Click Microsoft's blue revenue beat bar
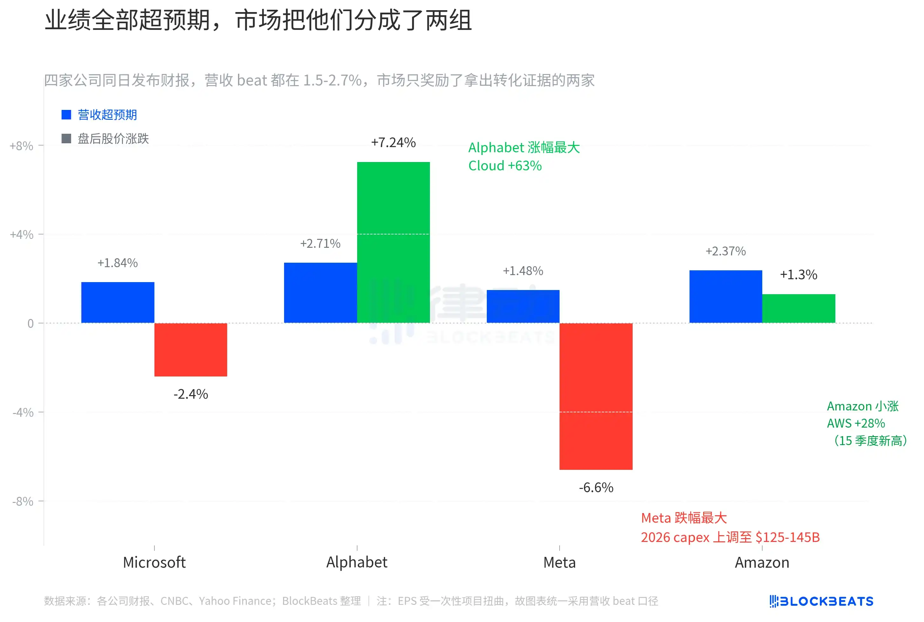[x=118, y=302]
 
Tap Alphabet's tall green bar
[x=393, y=242]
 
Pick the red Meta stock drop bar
[x=595, y=396]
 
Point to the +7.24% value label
[x=393, y=142]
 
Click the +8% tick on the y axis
[x=21, y=146]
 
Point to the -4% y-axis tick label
[x=23, y=413]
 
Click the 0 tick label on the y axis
[x=30, y=323]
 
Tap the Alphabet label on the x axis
[x=356, y=562]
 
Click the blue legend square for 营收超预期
[x=66, y=115]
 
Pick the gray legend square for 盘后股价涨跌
[x=66, y=139]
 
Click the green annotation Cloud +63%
[x=505, y=166]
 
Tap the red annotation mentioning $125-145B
[x=730, y=537]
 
